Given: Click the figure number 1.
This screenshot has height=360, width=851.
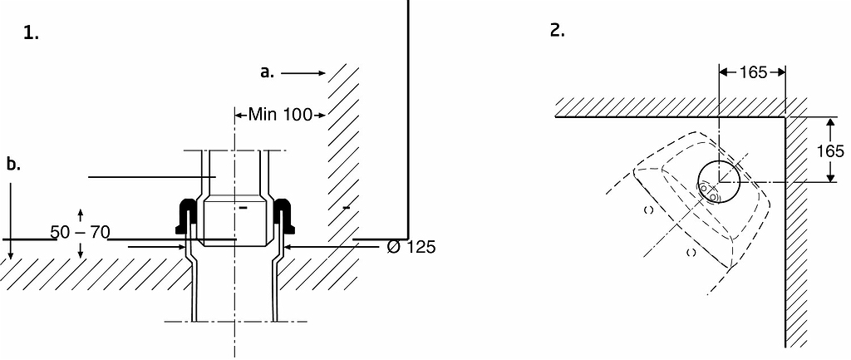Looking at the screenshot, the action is click(31, 33).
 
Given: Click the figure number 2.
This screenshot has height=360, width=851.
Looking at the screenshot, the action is click(558, 31).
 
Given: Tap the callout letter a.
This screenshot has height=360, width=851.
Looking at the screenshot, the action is click(267, 72).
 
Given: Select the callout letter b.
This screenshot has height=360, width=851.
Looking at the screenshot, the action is click(13, 164).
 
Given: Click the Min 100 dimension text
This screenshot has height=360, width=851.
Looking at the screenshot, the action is click(281, 115).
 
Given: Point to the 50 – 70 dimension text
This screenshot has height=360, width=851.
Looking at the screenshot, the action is click(81, 233).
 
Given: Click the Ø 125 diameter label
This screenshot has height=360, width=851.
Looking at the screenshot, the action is click(411, 247).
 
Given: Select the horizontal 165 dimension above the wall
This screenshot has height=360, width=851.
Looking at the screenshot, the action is click(753, 72).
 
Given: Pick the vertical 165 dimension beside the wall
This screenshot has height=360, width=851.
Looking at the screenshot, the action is click(830, 150).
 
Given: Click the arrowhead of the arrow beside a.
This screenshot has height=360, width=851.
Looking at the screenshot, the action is click(322, 73).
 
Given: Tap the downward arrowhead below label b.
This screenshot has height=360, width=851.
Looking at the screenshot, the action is click(10, 255).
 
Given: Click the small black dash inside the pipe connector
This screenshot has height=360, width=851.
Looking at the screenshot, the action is click(243, 207).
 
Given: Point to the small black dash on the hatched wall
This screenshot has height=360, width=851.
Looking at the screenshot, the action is click(347, 207).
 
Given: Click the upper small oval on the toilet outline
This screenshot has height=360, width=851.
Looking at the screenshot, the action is click(648, 210).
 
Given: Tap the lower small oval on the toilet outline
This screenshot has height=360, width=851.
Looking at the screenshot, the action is click(691, 252).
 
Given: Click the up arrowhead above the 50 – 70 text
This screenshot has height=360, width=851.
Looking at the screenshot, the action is click(81, 212).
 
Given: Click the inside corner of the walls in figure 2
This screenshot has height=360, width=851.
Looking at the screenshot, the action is click(785, 116).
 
